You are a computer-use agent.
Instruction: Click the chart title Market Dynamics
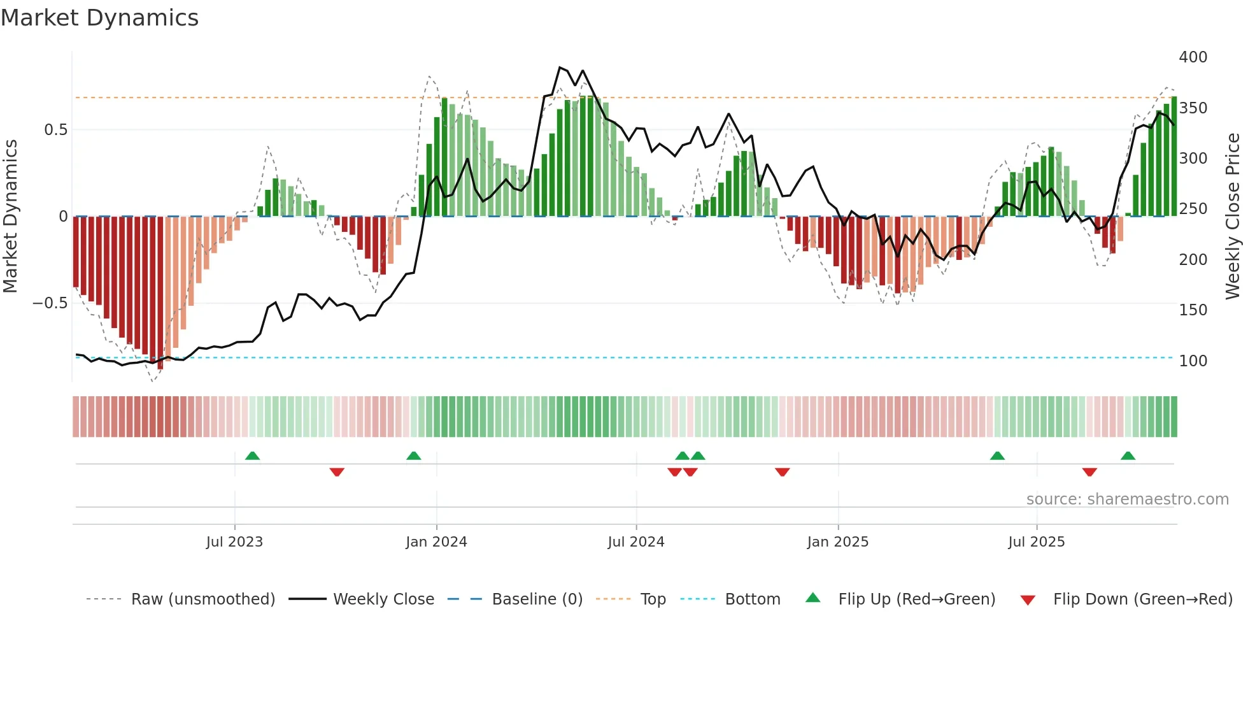click(x=99, y=18)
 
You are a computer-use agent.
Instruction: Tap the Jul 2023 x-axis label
click(x=234, y=542)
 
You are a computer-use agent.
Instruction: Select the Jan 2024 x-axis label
click(x=436, y=542)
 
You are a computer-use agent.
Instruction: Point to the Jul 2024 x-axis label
click(x=635, y=542)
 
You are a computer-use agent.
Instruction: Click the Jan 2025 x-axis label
click(x=837, y=542)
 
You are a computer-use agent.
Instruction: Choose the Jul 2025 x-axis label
click(x=1036, y=542)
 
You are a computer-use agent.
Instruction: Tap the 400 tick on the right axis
click(x=1193, y=57)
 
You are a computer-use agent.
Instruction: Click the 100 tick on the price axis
click(x=1193, y=361)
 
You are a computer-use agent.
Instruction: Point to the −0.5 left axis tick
click(x=50, y=303)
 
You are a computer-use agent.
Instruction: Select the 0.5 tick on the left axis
click(x=55, y=130)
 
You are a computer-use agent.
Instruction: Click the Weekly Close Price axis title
click(x=1233, y=217)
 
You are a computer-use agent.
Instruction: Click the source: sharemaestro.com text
click(x=1127, y=499)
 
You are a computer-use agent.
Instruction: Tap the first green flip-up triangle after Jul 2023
click(x=252, y=456)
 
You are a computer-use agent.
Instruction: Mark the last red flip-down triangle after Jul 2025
click(x=1089, y=472)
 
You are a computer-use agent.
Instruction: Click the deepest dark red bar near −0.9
click(x=160, y=293)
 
